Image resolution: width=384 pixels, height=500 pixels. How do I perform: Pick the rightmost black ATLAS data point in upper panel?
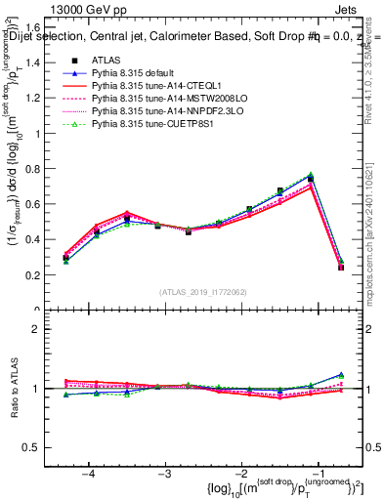point(341,267)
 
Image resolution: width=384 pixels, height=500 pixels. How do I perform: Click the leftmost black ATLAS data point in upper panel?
point(65,258)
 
